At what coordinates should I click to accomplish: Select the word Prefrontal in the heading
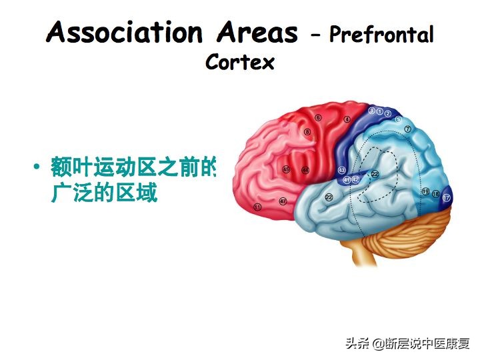[381, 35]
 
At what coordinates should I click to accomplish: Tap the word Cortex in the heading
[240, 62]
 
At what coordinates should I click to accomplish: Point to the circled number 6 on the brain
[319, 118]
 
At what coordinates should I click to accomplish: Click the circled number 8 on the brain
[307, 133]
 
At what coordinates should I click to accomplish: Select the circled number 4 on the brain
[347, 119]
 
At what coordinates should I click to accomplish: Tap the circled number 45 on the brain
[287, 169]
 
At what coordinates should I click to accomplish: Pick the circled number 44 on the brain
[305, 170]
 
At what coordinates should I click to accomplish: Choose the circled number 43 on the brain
[342, 171]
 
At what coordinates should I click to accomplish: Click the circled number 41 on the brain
[347, 180]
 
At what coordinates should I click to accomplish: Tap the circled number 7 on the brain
[407, 128]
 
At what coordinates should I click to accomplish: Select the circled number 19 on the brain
[425, 191]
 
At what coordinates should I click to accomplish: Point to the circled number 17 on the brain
[447, 198]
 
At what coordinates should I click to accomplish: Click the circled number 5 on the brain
[398, 119]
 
